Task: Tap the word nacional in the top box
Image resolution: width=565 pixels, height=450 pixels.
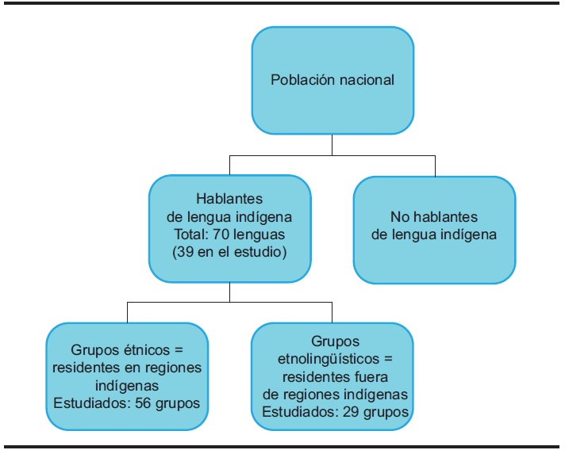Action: [x=367, y=80]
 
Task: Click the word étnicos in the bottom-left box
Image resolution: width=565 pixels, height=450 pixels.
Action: [x=153, y=349]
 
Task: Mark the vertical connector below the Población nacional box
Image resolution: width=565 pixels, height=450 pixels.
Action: [x=332, y=144]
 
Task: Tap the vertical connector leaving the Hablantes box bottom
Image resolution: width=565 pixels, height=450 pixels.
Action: [x=229, y=292]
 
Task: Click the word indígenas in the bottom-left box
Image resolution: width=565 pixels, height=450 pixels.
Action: [x=128, y=385]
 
